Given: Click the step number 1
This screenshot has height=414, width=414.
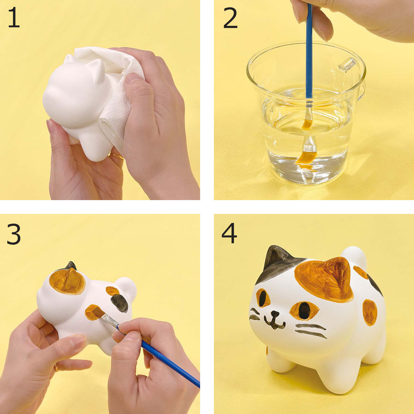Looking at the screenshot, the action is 14,18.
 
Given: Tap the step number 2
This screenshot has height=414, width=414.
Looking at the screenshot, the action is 230,18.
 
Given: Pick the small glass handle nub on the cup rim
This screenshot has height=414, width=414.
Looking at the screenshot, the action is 347,65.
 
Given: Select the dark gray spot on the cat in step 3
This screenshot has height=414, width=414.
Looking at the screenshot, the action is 119,303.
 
